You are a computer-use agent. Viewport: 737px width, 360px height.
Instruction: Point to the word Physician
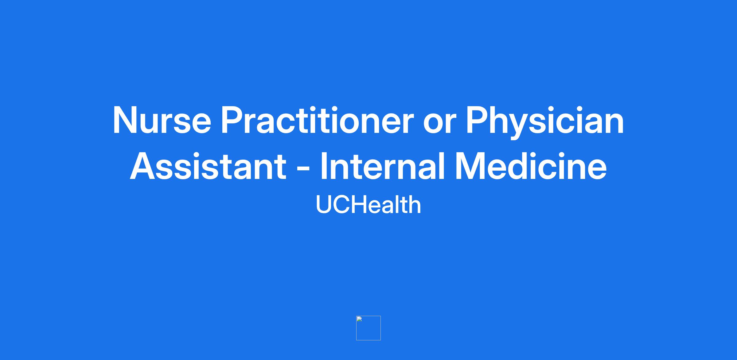coord(545,122)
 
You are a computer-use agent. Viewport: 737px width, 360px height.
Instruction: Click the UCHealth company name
coord(368,204)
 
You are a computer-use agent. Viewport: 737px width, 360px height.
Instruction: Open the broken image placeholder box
coord(368,328)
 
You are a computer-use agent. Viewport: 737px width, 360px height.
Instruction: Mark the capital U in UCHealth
coord(324,205)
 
